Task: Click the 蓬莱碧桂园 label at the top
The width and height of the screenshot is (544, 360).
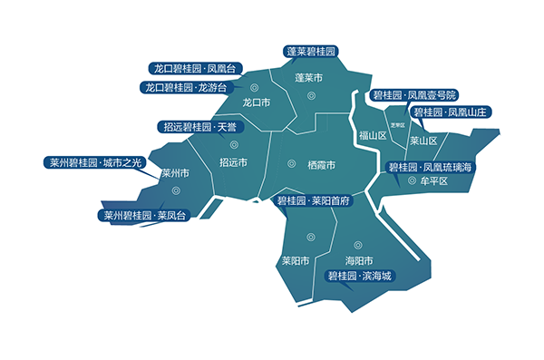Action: click(x=310, y=52)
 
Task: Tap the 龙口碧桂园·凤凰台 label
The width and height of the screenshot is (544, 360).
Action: click(x=194, y=69)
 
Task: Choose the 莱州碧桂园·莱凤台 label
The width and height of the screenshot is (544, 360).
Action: click(x=144, y=216)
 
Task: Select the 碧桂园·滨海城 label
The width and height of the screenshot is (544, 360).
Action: click(x=360, y=275)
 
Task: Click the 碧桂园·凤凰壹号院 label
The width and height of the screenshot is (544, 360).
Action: click(x=415, y=95)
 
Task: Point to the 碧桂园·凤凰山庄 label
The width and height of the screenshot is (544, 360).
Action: click(x=451, y=112)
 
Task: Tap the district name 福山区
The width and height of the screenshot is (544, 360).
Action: click(x=373, y=135)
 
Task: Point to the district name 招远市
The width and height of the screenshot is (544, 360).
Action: click(x=233, y=162)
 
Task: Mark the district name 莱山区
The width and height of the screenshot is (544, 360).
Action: click(x=424, y=141)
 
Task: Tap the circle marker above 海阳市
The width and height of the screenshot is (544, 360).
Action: click(x=356, y=244)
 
